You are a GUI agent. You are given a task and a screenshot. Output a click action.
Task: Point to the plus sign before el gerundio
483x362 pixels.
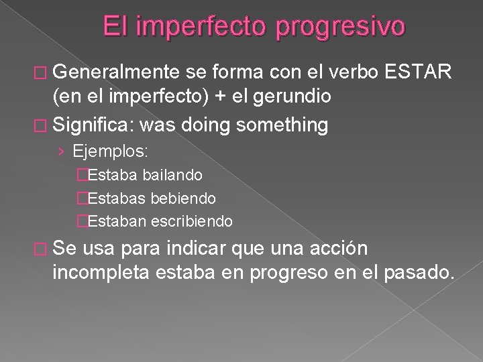(x=219, y=97)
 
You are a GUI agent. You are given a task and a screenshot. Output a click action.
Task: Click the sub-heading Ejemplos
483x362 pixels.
(x=121, y=152)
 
